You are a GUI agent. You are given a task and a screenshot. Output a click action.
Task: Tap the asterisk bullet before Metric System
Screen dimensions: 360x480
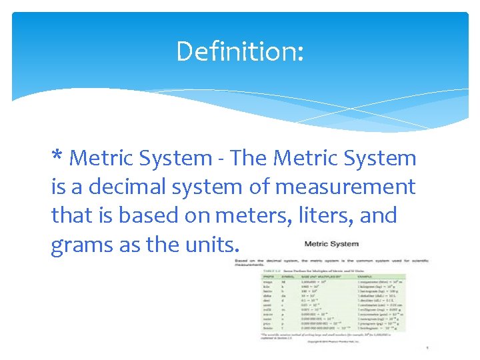[x=57, y=158]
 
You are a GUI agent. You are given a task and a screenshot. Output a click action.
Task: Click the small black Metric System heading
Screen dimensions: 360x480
[x=331, y=243]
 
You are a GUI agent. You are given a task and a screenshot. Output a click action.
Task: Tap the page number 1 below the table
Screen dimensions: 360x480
[x=427, y=348]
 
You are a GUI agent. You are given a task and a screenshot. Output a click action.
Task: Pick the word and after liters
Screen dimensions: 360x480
[x=381, y=215]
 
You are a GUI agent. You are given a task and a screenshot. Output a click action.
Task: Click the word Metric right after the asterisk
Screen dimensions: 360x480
[x=103, y=158]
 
